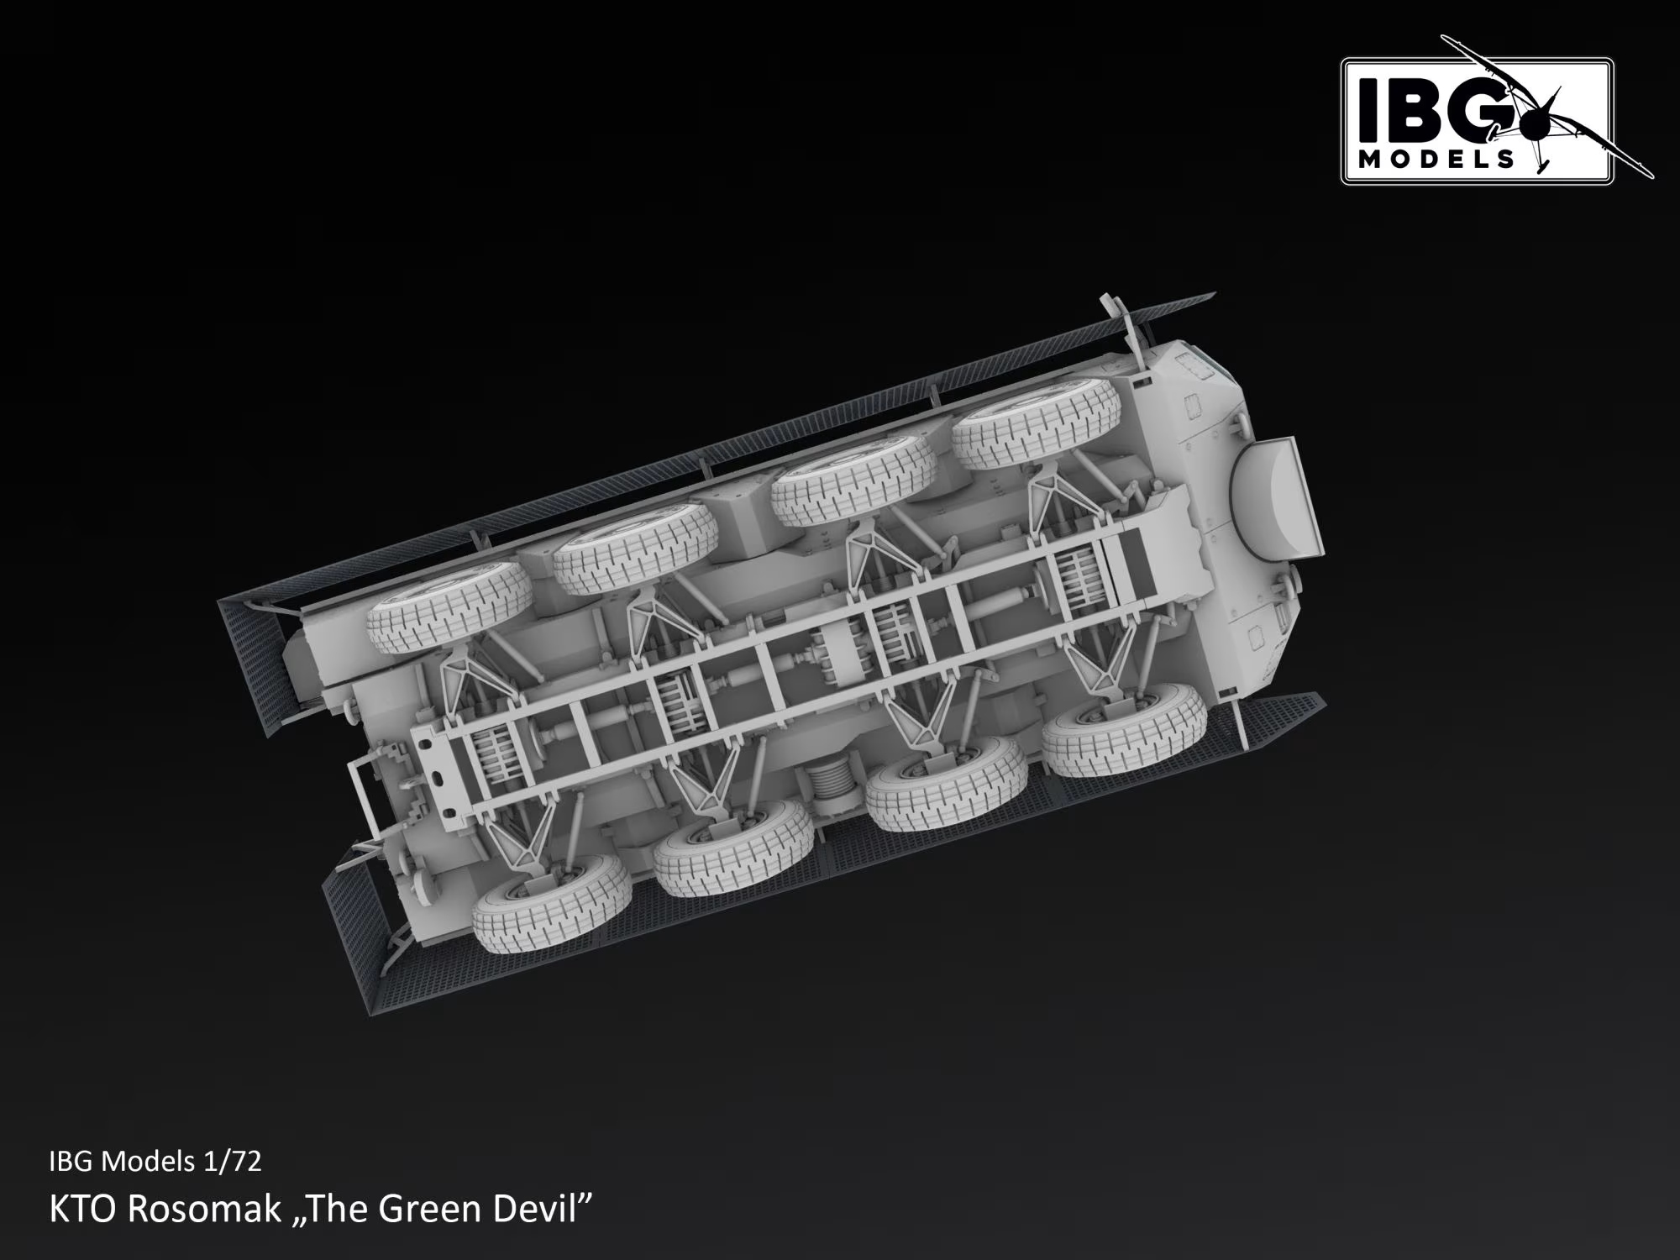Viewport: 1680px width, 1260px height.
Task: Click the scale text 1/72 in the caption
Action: tap(233, 1161)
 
